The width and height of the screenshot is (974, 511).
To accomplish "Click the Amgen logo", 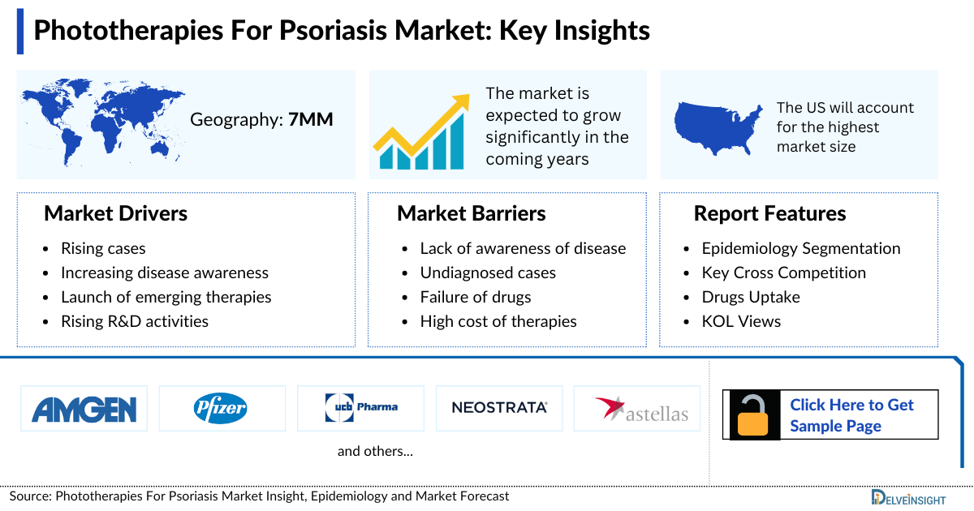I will [x=84, y=408].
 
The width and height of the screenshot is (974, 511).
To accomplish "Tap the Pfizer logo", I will [x=222, y=408].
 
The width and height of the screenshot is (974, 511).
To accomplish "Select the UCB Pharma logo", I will [x=361, y=407].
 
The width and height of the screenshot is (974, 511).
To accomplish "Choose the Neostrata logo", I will [x=499, y=407].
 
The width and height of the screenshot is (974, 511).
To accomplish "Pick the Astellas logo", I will [x=640, y=408].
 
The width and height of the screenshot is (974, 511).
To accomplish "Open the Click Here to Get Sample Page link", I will [x=851, y=415].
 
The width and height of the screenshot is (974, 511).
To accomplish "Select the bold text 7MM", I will [x=311, y=120].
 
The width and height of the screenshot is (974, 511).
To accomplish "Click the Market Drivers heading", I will [x=115, y=213].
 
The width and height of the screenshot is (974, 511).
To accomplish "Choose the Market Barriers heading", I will [x=471, y=213].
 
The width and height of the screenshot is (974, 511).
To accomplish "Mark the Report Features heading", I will [x=769, y=213].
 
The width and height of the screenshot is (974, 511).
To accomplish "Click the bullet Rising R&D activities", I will [x=135, y=321].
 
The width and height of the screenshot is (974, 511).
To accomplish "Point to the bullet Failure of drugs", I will [x=476, y=297].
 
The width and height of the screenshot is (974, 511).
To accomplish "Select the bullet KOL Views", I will [x=741, y=321].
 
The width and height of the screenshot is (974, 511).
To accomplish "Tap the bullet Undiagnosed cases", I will [x=488, y=273].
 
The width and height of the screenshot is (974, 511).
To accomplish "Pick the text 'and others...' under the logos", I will [x=375, y=451].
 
